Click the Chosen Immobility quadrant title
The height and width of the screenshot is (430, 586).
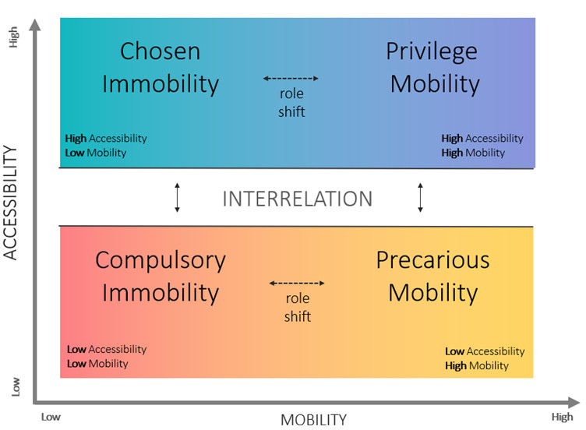click(161, 67)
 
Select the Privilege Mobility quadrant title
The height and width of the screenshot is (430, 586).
click(434, 67)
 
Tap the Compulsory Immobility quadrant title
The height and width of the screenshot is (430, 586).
click(161, 276)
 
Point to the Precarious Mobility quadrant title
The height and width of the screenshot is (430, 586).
click(432, 276)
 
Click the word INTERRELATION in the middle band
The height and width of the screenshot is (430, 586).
click(298, 199)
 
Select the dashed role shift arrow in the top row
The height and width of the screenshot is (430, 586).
click(291, 79)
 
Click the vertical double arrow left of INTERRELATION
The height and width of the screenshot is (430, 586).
click(177, 198)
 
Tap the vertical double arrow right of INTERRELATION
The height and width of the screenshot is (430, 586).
click(421, 198)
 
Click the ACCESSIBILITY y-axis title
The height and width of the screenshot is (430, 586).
click(11, 203)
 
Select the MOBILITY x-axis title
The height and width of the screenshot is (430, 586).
click(313, 420)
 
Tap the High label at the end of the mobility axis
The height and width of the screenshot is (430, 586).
click(562, 417)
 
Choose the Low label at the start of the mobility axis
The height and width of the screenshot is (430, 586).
click(51, 417)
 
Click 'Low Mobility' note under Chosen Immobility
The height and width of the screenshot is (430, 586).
click(96, 153)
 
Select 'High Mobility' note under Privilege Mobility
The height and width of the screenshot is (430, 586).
click(473, 153)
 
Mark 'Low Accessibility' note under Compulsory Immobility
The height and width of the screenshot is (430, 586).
click(107, 350)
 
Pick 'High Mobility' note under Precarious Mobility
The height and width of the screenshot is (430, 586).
click(477, 365)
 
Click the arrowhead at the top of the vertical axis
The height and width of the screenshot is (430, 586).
click(34, 26)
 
